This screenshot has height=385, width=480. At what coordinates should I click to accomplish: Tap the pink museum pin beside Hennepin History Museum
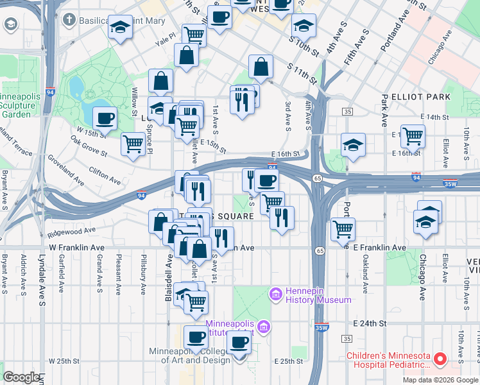click(276, 295)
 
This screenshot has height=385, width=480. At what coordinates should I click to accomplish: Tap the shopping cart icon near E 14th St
click(413, 135)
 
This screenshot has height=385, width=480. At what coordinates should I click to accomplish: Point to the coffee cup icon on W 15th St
click(105, 118)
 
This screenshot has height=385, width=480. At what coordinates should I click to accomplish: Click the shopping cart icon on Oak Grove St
click(133, 144)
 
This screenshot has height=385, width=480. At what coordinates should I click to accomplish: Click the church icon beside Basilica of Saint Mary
click(69, 20)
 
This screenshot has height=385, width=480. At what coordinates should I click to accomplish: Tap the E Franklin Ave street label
click(379, 248)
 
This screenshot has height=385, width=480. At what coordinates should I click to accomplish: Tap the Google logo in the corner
click(21, 377)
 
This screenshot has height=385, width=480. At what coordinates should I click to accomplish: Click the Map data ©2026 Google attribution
click(440, 380)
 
